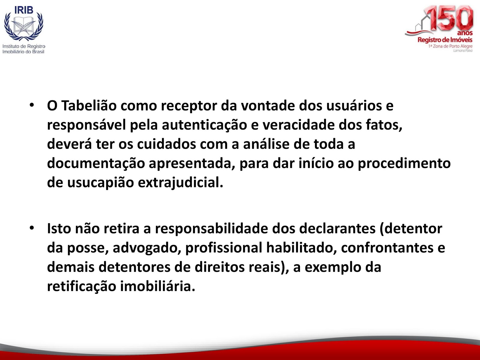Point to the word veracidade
pos(298,125)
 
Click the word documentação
pos(96,164)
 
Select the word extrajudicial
pos(180,183)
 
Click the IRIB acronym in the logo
pos(24,10)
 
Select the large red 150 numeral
pos(448,18)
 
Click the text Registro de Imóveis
pos(445,40)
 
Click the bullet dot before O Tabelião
pos(32,105)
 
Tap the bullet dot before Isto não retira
pos(32,228)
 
